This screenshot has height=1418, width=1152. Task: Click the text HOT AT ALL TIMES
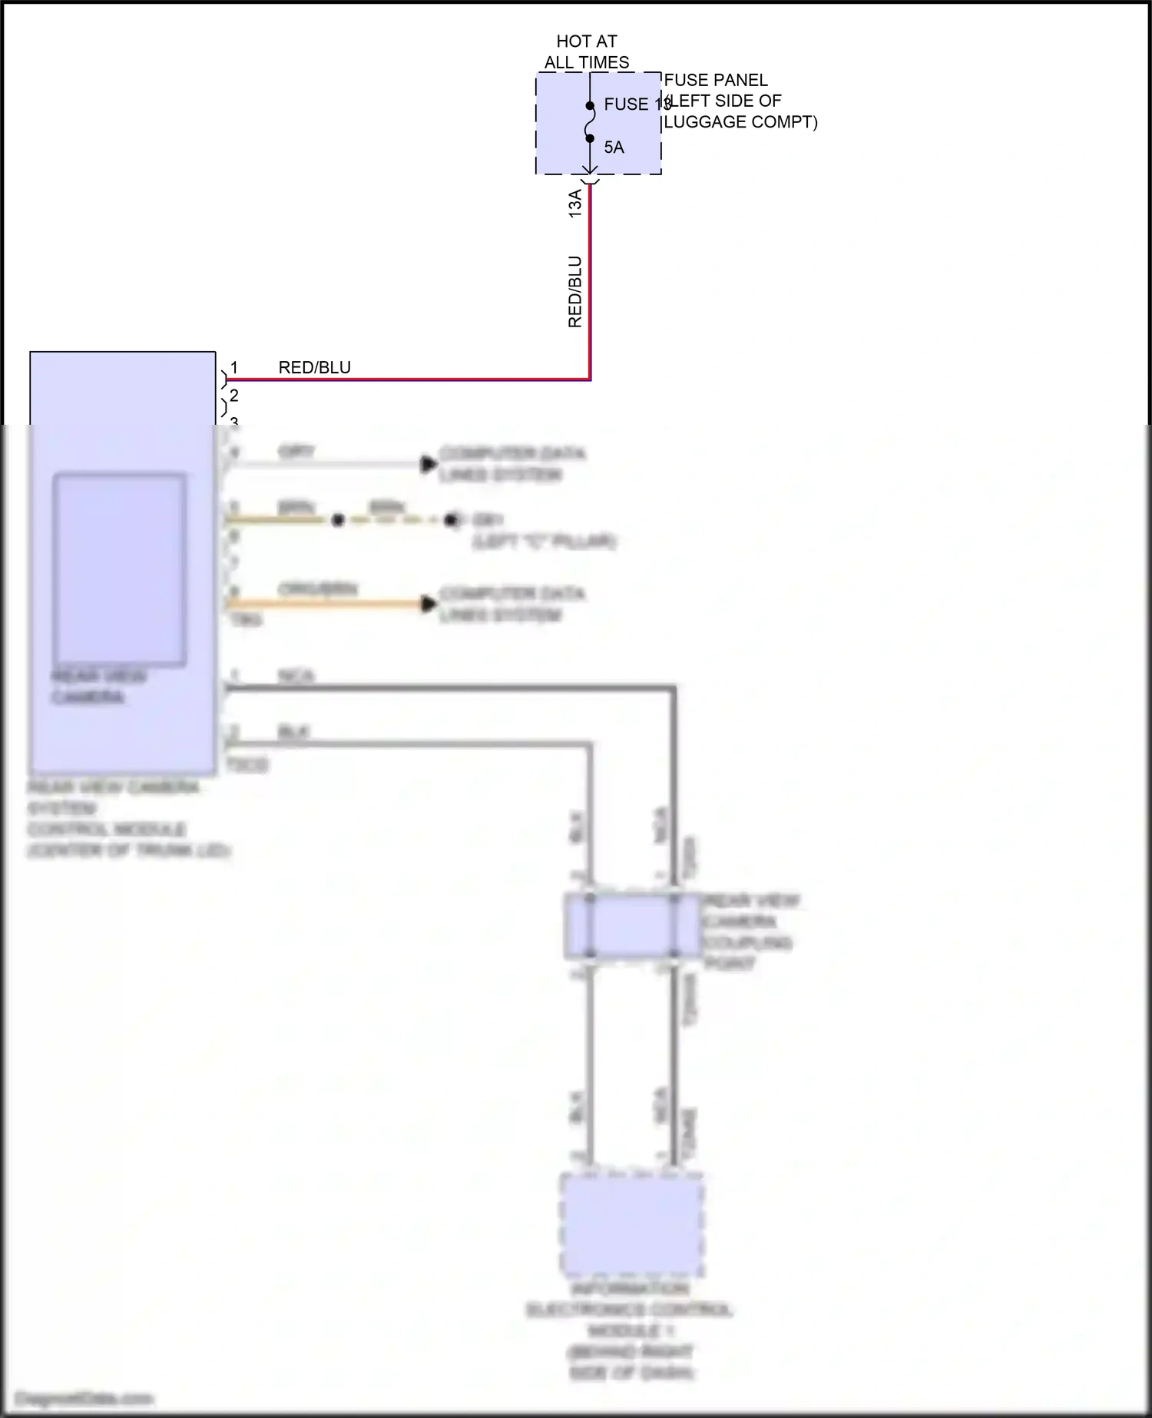pos(587,51)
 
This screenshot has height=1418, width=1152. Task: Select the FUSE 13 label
pos(637,104)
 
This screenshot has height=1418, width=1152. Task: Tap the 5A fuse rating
pos(614,147)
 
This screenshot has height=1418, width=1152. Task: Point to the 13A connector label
pos(575,204)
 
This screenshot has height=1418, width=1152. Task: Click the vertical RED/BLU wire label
pos(575,292)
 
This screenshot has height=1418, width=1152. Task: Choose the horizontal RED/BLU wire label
pos(314,367)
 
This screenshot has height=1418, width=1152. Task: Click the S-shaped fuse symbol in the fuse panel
pos(590,122)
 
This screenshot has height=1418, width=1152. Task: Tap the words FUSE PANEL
pos(715,80)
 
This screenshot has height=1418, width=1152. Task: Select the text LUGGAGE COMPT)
pos(740,121)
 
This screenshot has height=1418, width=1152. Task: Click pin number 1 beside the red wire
pos(234,368)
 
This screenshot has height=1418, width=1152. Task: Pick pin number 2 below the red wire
pos(234,396)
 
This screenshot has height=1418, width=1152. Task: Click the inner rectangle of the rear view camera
pos(119,569)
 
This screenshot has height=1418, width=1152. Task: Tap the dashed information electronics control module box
pos(631,1224)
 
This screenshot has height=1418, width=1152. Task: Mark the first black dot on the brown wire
pos(337,520)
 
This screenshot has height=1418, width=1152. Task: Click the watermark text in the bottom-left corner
pos(84,1399)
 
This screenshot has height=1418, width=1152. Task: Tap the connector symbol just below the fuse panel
pos(590,181)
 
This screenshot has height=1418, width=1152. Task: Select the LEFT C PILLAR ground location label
pos(545,542)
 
